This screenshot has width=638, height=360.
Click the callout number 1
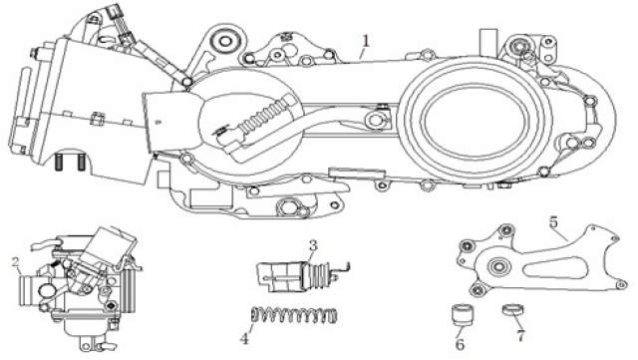pyautogui.click(x=366, y=41)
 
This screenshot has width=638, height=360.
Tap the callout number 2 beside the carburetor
pyautogui.click(x=16, y=261)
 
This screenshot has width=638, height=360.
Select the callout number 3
pyautogui.click(x=312, y=245)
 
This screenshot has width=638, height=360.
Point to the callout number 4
pyautogui.click(x=244, y=338)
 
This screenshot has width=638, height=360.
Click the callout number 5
pyautogui.click(x=553, y=222)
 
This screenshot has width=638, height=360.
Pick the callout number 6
pyautogui.click(x=460, y=344)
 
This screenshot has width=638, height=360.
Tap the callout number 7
pyautogui.click(x=520, y=336)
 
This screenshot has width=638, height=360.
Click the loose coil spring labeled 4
pyautogui.click(x=293, y=315)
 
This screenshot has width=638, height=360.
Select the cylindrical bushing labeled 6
pyautogui.click(x=463, y=314)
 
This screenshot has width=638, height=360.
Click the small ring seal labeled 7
pyautogui.click(x=512, y=310)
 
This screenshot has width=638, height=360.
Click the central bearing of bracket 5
pyautogui.click(x=497, y=267)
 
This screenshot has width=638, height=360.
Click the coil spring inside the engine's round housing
pyautogui.click(x=264, y=116)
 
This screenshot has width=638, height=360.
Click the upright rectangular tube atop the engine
pyautogui.click(x=488, y=42)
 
